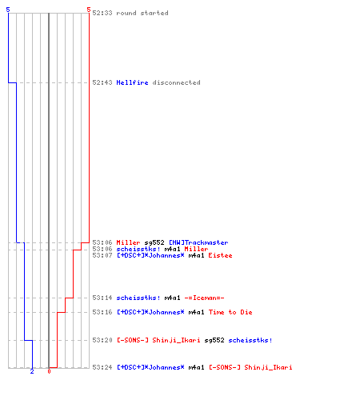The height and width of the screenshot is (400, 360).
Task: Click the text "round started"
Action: pos(142,13)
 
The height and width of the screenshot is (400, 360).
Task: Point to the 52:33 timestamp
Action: pos(102,13)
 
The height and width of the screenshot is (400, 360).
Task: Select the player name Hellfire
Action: pos(132,82)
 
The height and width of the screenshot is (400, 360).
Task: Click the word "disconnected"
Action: pos(176,82)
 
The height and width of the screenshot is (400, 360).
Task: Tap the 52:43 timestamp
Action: pos(102,82)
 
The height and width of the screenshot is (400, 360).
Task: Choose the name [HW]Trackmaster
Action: pos(198,242)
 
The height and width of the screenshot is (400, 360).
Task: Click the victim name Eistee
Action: pos(220,255)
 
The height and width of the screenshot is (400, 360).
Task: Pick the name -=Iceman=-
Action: pos(204,298)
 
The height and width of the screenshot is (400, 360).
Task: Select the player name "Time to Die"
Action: pos(230,312)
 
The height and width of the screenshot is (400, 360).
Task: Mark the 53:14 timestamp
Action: pos(102,298)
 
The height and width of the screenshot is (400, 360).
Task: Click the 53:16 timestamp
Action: pos(102,312)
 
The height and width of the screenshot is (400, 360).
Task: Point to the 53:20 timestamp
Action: pos(102,340)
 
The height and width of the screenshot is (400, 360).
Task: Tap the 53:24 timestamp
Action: pos(102,367)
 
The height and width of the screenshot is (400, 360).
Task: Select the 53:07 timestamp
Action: pos(102,255)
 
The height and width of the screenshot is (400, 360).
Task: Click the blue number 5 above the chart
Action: pos(8,10)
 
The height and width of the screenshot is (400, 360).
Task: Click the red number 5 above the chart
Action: pos(89,10)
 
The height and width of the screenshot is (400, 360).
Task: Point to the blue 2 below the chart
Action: pos(32,371)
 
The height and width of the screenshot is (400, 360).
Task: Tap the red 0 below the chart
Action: pos(49,371)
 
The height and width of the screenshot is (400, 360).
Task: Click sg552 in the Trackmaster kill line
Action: pos(154,242)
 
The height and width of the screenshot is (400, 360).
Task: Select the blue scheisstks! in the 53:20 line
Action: pos(250,340)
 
